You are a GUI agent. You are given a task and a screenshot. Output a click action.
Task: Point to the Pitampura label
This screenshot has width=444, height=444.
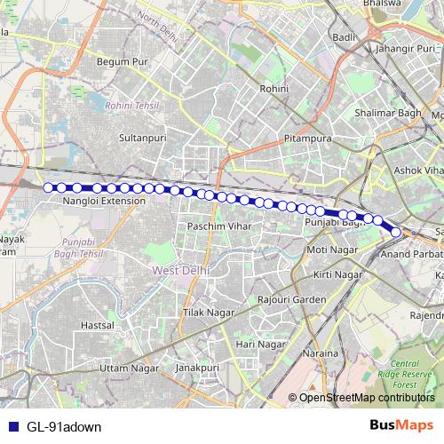[306, 140]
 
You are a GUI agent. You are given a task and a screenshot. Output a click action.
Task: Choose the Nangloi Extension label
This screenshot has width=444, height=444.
[104, 202]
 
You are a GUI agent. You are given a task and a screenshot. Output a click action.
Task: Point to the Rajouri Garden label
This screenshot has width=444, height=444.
[292, 300]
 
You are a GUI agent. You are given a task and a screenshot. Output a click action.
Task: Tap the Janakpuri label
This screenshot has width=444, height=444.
[196, 367]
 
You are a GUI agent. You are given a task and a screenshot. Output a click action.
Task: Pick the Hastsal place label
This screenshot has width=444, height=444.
[97, 326]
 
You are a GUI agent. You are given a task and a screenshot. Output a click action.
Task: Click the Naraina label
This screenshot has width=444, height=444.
[321, 353]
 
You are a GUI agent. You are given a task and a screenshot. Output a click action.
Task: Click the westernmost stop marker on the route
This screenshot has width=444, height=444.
[49, 187]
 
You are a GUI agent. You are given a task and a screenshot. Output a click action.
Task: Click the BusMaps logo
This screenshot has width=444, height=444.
[402, 425]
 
